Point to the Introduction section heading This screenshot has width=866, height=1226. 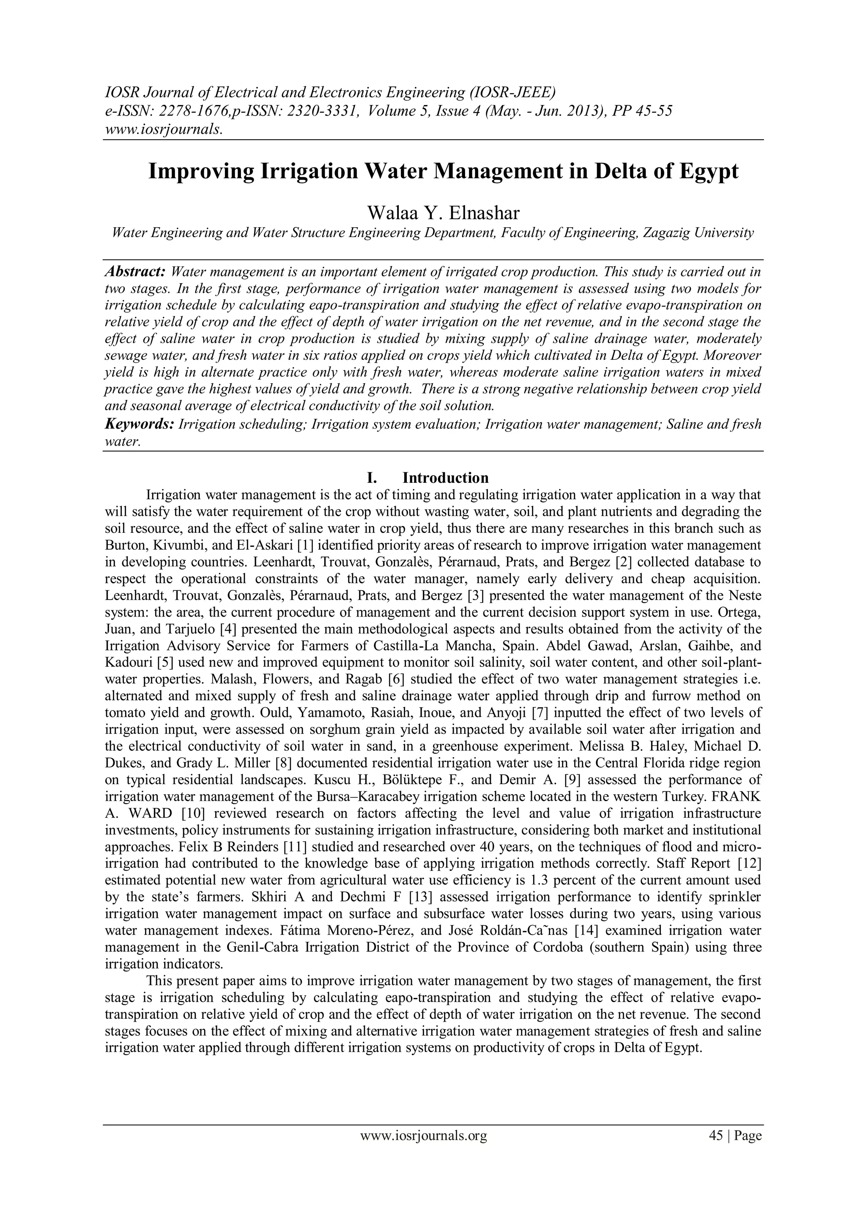pyautogui.click(x=446, y=477)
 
